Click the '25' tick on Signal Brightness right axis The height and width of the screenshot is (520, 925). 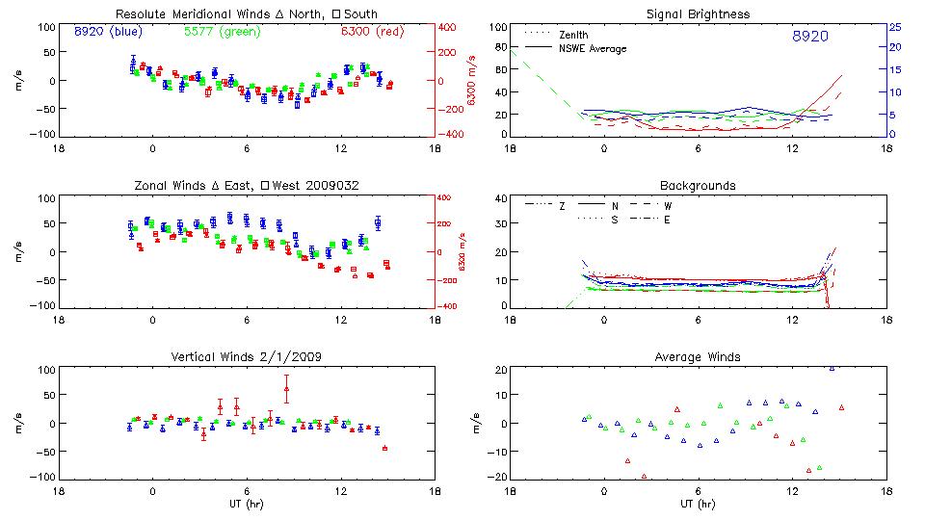[x=894, y=27]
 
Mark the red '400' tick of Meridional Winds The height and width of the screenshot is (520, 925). [x=449, y=27]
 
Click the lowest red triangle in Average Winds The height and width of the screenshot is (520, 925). [x=644, y=476]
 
